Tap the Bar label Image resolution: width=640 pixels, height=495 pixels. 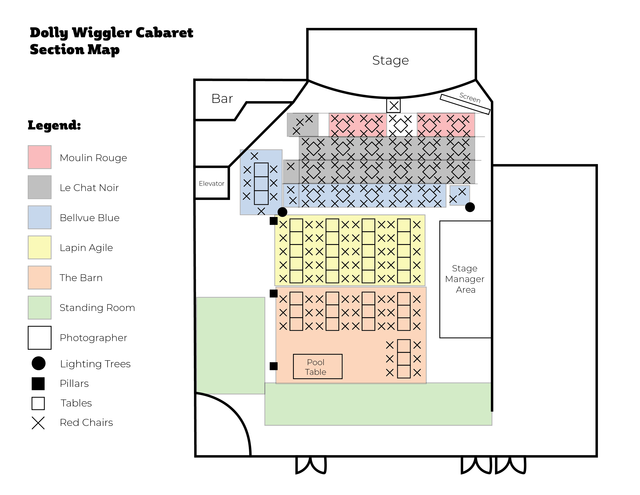222,99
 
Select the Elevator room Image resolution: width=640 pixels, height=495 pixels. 212,183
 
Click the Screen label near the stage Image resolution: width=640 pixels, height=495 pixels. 470,97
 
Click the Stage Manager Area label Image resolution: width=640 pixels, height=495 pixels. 465,279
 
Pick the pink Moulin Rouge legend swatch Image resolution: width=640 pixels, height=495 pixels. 40,157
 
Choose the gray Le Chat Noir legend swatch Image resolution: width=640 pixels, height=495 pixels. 40,187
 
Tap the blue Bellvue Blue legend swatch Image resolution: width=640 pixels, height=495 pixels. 40,217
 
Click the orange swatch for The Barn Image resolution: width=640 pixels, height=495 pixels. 40,277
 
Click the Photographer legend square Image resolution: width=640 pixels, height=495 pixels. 40,338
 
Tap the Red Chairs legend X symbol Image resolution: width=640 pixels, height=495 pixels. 38,423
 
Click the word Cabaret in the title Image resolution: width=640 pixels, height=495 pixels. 164,33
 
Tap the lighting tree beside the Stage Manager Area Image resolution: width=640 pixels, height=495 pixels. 470,207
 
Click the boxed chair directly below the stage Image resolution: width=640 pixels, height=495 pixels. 394,106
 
